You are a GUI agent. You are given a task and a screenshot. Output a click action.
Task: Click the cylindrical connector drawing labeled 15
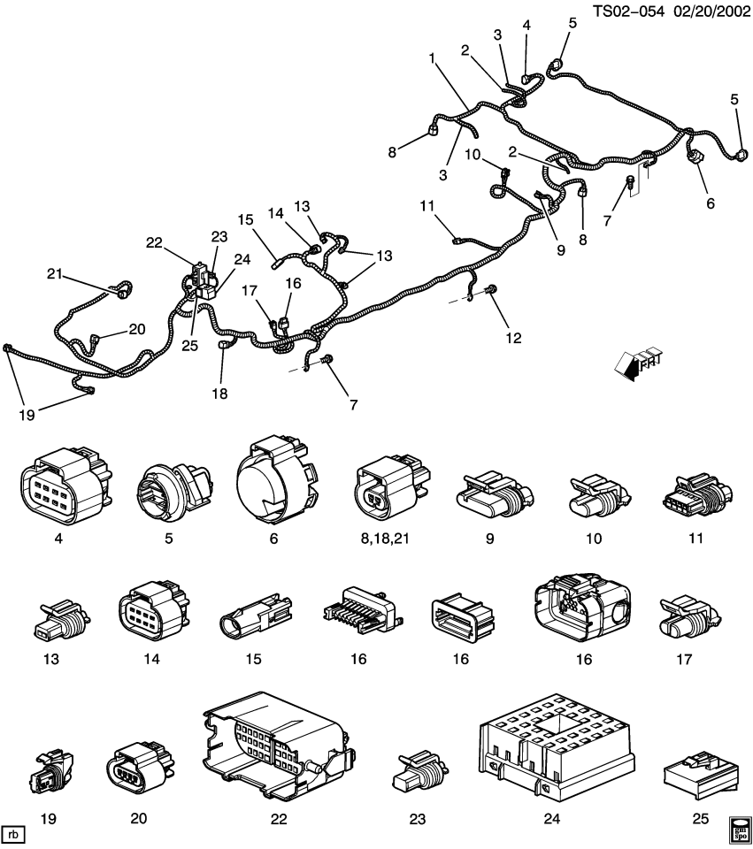click(256, 619)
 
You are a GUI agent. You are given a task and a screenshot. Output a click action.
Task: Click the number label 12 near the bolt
click(513, 338)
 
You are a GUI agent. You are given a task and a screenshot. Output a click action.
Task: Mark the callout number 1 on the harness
click(432, 58)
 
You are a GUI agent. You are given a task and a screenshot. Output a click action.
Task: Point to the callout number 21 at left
click(56, 275)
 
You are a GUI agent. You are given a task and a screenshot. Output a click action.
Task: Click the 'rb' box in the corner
click(14, 833)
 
